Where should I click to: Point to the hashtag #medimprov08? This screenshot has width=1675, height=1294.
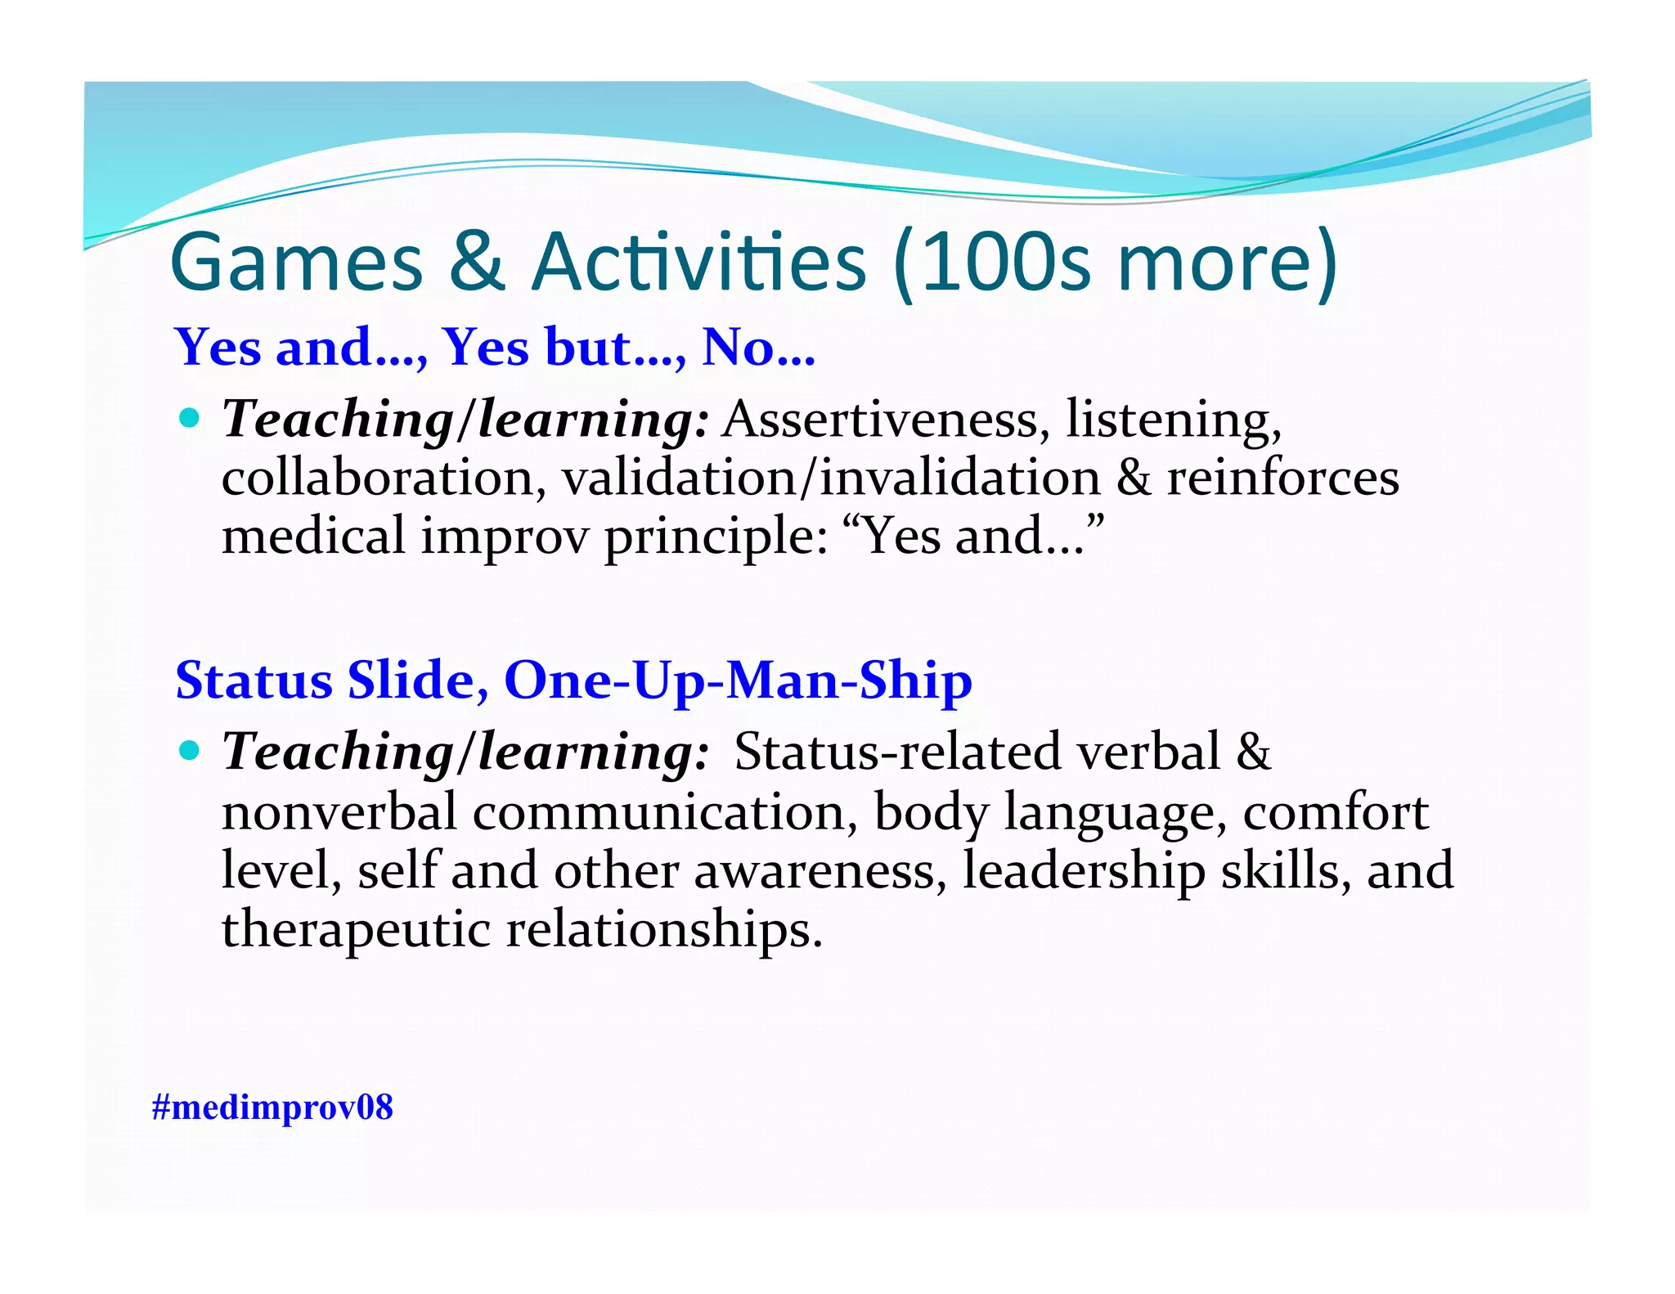pyautogui.click(x=272, y=1107)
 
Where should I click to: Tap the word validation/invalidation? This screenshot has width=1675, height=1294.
pyautogui.click(x=831, y=479)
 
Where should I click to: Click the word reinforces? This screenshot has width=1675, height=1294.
pyautogui.click(x=1282, y=479)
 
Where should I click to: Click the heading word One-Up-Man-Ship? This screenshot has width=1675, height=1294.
pyautogui.click(x=738, y=681)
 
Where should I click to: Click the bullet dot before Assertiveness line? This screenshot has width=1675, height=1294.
pyautogui.click(x=190, y=419)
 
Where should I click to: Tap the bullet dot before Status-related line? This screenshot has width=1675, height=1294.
pyautogui.click(x=190, y=751)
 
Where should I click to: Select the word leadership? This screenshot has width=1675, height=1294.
pyautogui.click(x=1084, y=871)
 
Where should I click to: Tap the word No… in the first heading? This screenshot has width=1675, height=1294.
pyautogui.click(x=758, y=348)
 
